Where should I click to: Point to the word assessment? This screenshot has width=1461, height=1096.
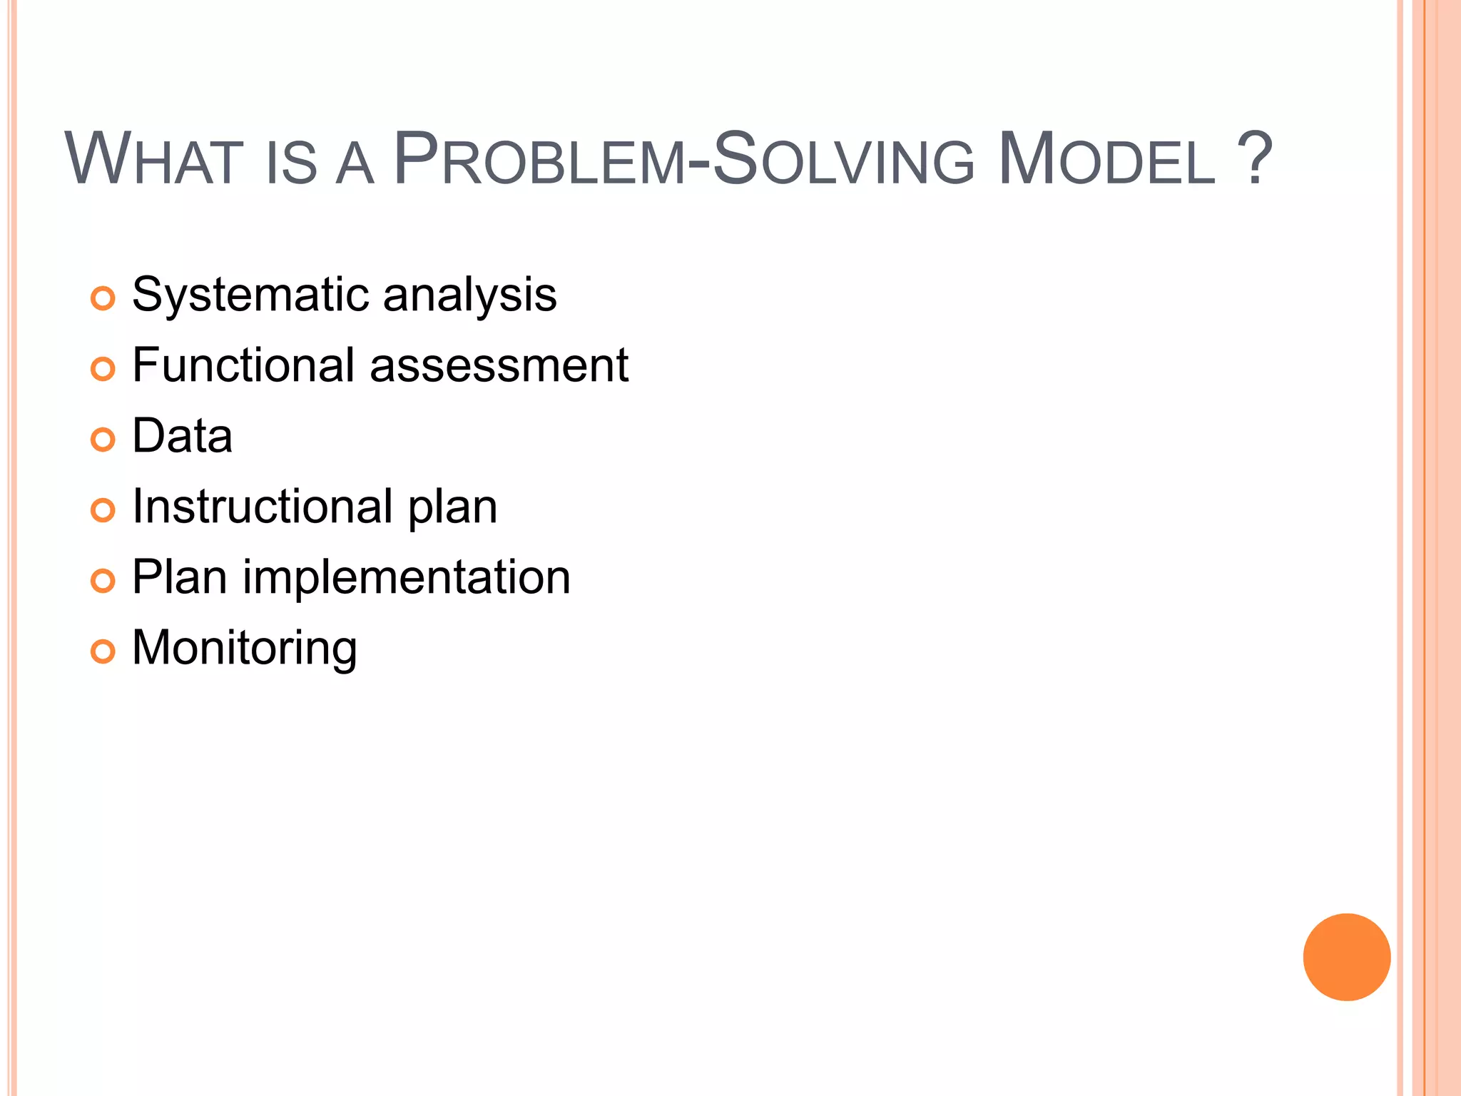(x=499, y=365)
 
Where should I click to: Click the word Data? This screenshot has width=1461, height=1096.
(x=183, y=436)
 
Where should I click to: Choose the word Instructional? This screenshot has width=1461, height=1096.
(x=262, y=507)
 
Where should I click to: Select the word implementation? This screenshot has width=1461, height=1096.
(x=407, y=577)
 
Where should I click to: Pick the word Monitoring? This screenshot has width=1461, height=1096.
(x=245, y=648)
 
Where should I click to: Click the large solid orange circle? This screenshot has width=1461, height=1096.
(x=1346, y=957)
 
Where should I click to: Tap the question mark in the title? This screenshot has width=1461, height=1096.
(x=1253, y=158)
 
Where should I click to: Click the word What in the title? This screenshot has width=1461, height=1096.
(x=154, y=160)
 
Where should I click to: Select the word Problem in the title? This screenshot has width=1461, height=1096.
(x=539, y=160)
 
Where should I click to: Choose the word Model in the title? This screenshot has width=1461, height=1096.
(x=1106, y=160)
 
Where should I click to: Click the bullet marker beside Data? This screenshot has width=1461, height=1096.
(x=103, y=440)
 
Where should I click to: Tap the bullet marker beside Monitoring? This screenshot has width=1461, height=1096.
(x=103, y=651)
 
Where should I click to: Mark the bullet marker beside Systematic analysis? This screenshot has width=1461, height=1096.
(x=103, y=298)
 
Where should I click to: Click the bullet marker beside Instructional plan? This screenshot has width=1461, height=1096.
(x=103, y=510)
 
